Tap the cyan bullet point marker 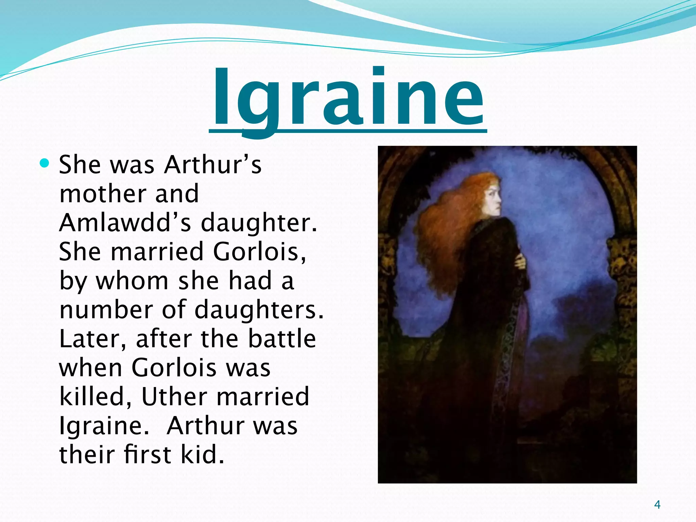coord(45,164)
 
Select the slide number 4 coord(657,505)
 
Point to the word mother coord(102,194)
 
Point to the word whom coord(132,281)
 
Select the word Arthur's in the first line coord(213,165)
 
